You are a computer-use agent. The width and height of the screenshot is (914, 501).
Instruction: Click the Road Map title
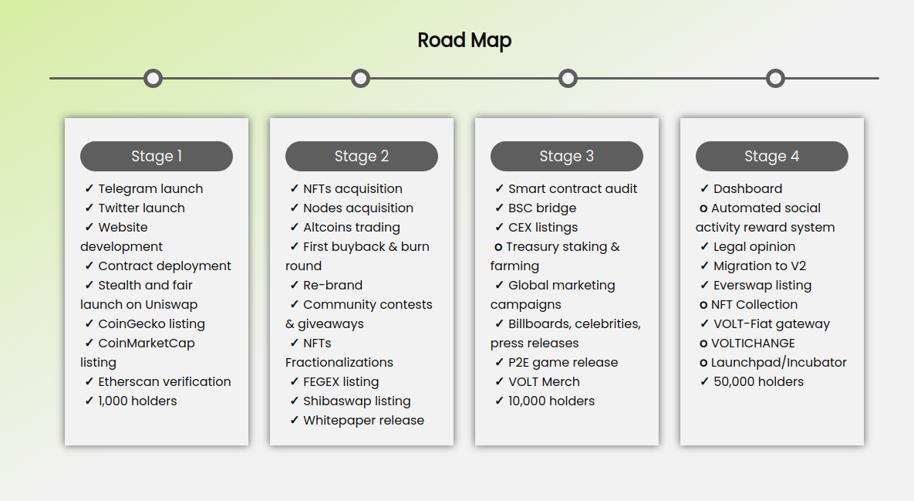pos(464,40)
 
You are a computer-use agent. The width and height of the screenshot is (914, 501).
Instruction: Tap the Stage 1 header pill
pos(157,156)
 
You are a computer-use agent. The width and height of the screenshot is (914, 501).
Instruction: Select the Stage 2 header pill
pos(362,156)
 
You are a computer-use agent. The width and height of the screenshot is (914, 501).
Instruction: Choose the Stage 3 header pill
pos(567,156)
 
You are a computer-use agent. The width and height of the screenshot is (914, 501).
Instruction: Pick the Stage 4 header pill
pos(772,156)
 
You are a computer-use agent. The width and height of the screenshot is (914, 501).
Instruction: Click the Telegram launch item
pos(150,189)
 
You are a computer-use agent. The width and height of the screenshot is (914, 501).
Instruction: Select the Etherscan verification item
pos(164,381)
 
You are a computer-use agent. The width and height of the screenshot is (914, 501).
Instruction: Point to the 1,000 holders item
pos(137,401)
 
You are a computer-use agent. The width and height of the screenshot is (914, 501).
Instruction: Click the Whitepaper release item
pos(364,421)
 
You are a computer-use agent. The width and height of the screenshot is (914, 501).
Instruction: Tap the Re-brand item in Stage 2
pos(333,285)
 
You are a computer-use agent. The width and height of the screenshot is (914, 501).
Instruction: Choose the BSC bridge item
pos(542,208)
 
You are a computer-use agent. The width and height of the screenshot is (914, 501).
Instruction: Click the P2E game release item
pos(563,363)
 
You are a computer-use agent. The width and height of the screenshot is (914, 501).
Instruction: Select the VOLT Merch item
pos(544,382)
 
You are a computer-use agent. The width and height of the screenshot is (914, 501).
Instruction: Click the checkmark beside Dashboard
pos(704,188)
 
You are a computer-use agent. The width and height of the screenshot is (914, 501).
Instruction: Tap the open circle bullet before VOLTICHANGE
pos(703,344)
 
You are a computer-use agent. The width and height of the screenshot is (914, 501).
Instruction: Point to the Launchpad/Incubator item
pos(779,363)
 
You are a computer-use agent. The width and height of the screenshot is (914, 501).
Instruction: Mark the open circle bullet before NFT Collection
pos(703,305)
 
